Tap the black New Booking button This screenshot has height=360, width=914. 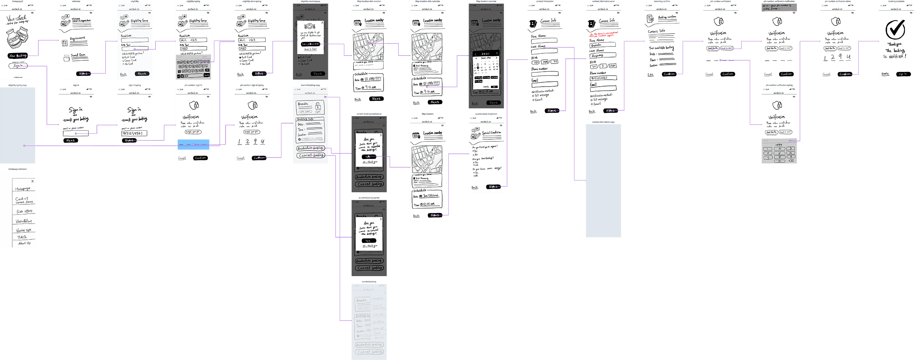[18, 56]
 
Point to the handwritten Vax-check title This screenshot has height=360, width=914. [17, 18]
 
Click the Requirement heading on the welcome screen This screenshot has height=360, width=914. [78, 38]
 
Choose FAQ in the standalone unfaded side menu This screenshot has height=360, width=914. [22, 237]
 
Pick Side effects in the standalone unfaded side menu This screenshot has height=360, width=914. [24, 211]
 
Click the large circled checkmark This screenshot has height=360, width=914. [895, 30]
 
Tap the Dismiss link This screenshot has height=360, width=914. [885, 74]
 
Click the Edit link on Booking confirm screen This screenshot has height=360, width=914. [650, 75]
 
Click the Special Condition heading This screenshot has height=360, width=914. [491, 133]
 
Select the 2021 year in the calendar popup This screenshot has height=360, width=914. [486, 54]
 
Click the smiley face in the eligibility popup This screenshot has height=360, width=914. [310, 26]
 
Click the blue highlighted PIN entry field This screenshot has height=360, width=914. [193, 144]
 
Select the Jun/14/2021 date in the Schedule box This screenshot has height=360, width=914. [430, 196]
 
